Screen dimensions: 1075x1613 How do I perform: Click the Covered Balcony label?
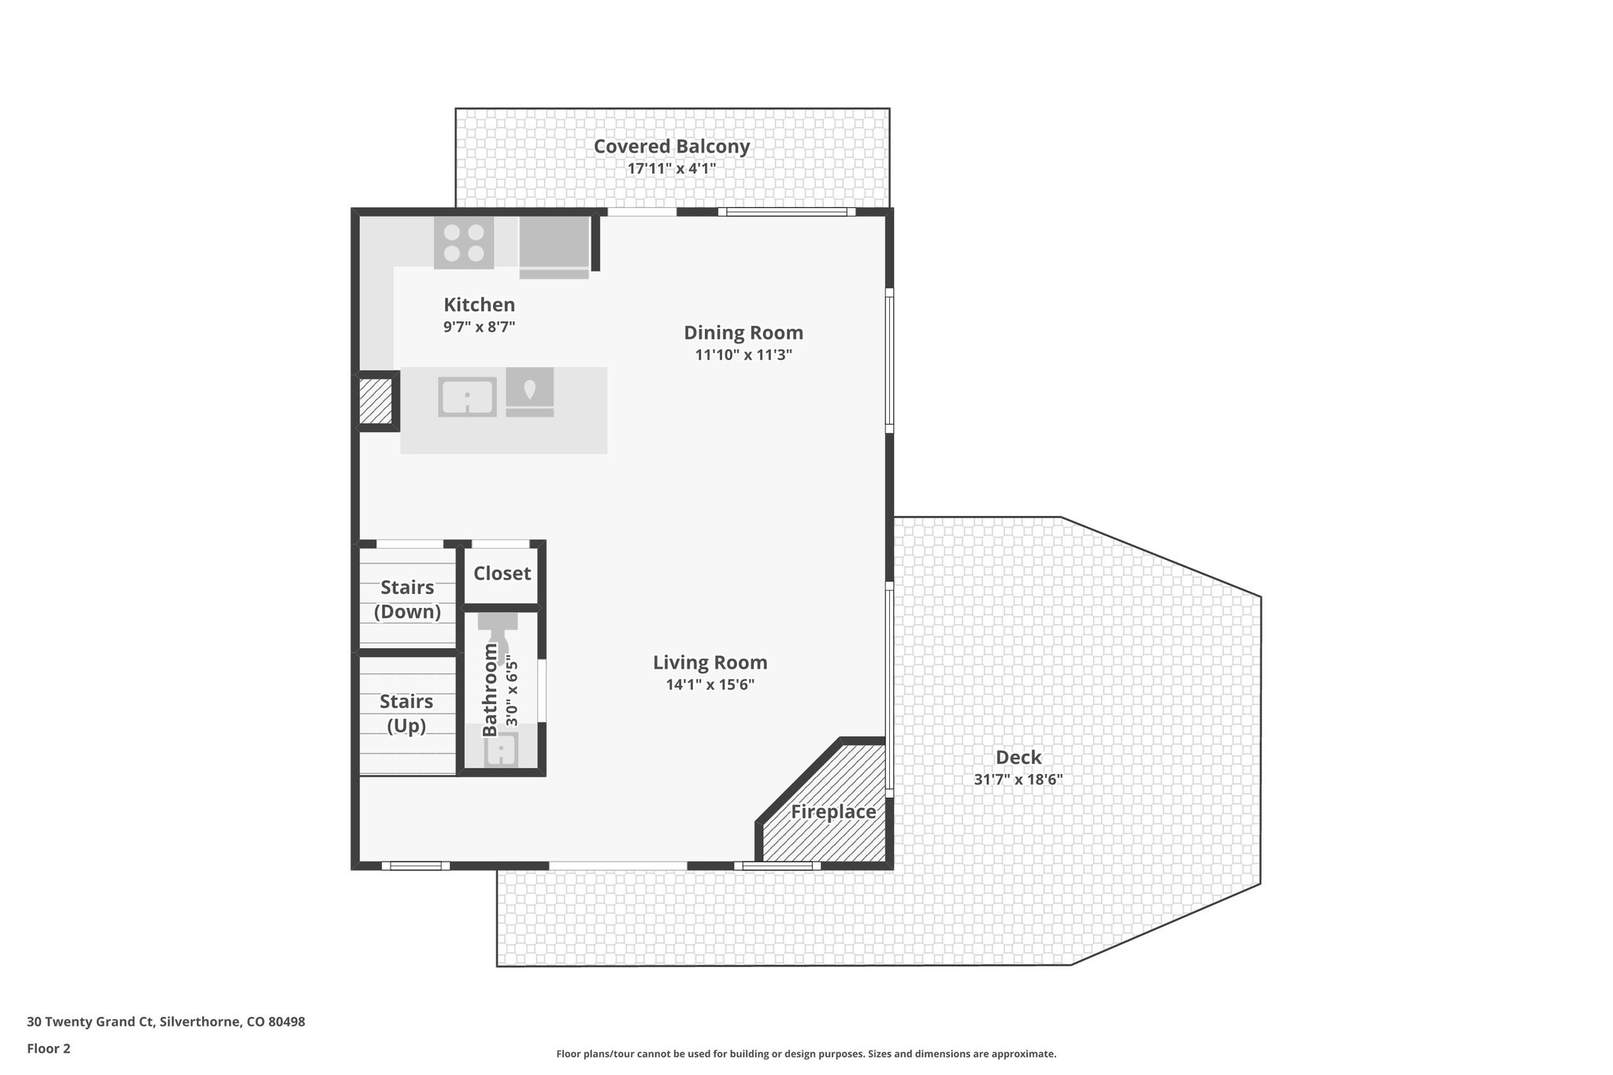point(671,146)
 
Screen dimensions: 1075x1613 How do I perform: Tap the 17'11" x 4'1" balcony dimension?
point(671,169)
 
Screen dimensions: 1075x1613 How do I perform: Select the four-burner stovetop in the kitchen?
point(464,243)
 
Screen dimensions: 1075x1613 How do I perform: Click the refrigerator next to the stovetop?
point(554,246)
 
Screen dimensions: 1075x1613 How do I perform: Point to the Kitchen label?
point(479,305)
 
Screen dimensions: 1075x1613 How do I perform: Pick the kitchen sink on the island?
point(467,396)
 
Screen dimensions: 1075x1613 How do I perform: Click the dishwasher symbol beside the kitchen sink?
point(529,391)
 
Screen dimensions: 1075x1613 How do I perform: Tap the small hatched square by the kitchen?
point(376,402)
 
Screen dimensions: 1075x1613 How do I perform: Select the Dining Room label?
point(743,332)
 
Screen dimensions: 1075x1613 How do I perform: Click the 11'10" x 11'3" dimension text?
point(743,355)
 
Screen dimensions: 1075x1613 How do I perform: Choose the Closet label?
point(502,573)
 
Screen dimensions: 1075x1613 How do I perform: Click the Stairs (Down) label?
point(407,599)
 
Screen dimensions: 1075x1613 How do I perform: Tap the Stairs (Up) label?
point(406,713)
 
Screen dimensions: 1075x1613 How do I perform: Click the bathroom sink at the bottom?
point(501,750)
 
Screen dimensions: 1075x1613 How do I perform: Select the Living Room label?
point(710,662)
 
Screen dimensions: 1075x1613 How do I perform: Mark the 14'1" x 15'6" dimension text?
point(710,685)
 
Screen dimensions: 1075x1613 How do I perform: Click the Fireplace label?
point(833,811)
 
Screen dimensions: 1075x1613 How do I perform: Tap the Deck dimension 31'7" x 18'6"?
point(1018,780)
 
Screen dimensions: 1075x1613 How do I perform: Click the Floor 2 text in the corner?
point(49,1048)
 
